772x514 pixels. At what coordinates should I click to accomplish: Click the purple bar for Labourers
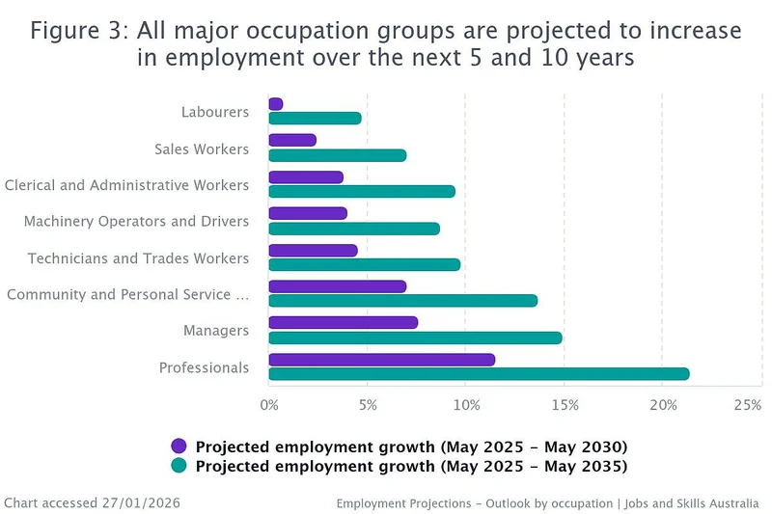point(276,104)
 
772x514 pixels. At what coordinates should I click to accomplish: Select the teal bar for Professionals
point(479,374)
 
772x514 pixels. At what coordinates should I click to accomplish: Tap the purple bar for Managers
point(344,323)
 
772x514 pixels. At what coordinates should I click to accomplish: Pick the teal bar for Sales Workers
point(337,155)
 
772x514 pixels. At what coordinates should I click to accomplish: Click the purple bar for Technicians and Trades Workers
point(313,251)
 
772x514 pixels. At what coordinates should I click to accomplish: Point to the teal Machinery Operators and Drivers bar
point(354,229)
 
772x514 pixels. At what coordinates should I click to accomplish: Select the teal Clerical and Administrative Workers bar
point(362,191)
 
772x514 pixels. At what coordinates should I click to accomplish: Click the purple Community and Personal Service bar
point(337,286)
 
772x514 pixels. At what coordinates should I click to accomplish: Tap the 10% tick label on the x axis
point(466,405)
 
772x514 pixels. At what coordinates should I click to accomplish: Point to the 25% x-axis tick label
point(747,405)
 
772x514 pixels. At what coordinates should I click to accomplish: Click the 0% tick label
point(269,405)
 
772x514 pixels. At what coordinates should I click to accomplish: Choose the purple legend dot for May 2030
point(179,446)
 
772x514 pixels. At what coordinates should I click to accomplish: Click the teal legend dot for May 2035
point(179,466)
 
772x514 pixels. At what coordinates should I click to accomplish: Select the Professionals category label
point(204,367)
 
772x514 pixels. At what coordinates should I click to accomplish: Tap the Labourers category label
point(215,112)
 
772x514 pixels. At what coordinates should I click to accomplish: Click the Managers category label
point(216,331)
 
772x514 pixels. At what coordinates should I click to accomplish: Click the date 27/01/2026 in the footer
point(141,502)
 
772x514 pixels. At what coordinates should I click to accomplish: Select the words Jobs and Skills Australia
point(692,503)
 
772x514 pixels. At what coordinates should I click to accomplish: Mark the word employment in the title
point(234,59)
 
